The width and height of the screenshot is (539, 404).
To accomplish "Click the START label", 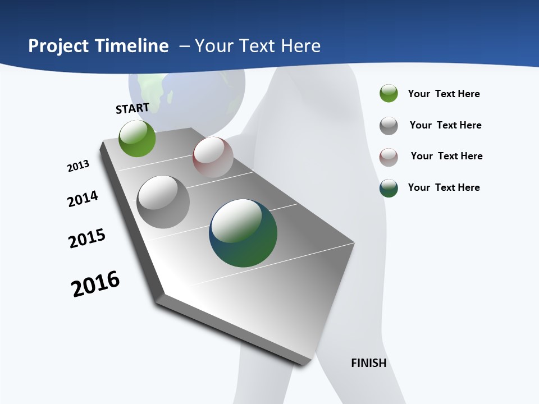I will [133, 108].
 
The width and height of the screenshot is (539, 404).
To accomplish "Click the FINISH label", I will [369, 363].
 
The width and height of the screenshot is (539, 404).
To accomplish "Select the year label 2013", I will [78, 166].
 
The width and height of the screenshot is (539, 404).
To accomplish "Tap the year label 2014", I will [83, 199].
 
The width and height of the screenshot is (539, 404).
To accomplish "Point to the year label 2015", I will [87, 238].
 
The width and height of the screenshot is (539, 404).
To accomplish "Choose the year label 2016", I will [95, 284].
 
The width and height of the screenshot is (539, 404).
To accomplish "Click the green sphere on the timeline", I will [138, 138].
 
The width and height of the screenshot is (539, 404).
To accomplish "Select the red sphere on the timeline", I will [213, 157].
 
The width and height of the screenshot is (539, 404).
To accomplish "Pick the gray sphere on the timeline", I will [163, 202].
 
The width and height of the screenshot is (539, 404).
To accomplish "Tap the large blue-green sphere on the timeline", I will [243, 233].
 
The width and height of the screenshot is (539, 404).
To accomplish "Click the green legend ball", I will [389, 93].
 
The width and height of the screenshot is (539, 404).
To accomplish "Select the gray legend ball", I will [389, 125].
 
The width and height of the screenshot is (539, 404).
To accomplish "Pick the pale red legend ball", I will [389, 157].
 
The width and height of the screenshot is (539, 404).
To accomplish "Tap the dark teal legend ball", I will [389, 188].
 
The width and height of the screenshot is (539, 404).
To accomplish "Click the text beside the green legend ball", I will [444, 94].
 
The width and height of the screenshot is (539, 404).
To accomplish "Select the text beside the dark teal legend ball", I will [444, 187].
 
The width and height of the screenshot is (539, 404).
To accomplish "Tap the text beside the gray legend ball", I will [445, 125].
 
